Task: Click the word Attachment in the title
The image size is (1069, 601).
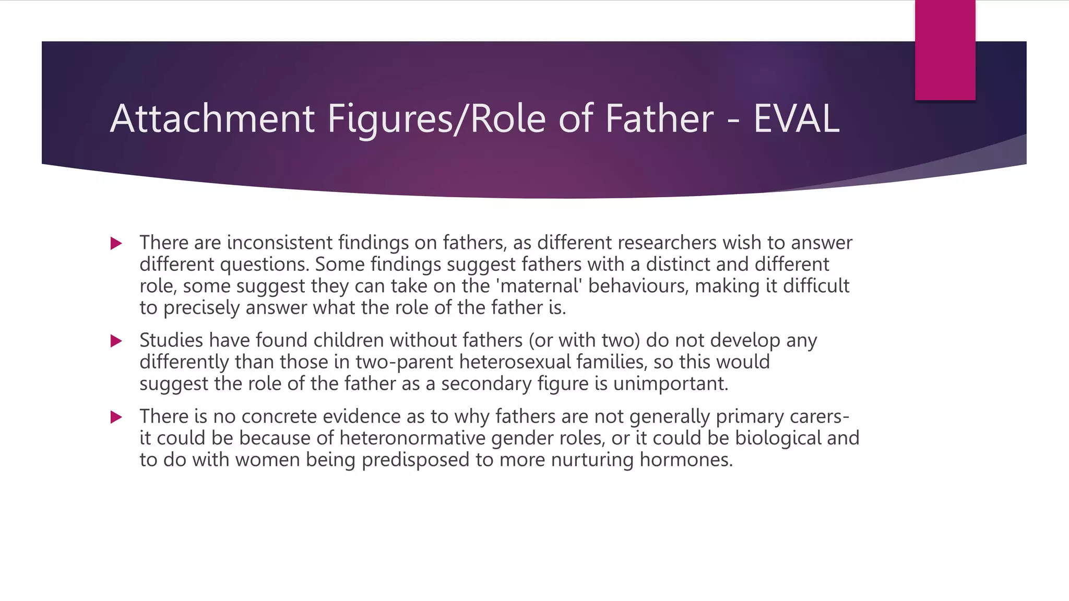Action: (x=212, y=119)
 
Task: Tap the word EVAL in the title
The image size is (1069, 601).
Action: (x=796, y=119)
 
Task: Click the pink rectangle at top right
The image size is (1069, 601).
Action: (x=945, y=50)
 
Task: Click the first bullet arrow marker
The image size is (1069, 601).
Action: (x=116, y=243)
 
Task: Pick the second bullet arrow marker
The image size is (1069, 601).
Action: (x=116, y=341)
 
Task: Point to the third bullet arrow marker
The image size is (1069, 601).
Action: (x=116, y=417)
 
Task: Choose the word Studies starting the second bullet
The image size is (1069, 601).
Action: (x=171, y=340)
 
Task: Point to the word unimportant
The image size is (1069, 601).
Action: (x=670, y=384)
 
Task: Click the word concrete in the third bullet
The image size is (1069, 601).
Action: (x=279, y=416)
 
